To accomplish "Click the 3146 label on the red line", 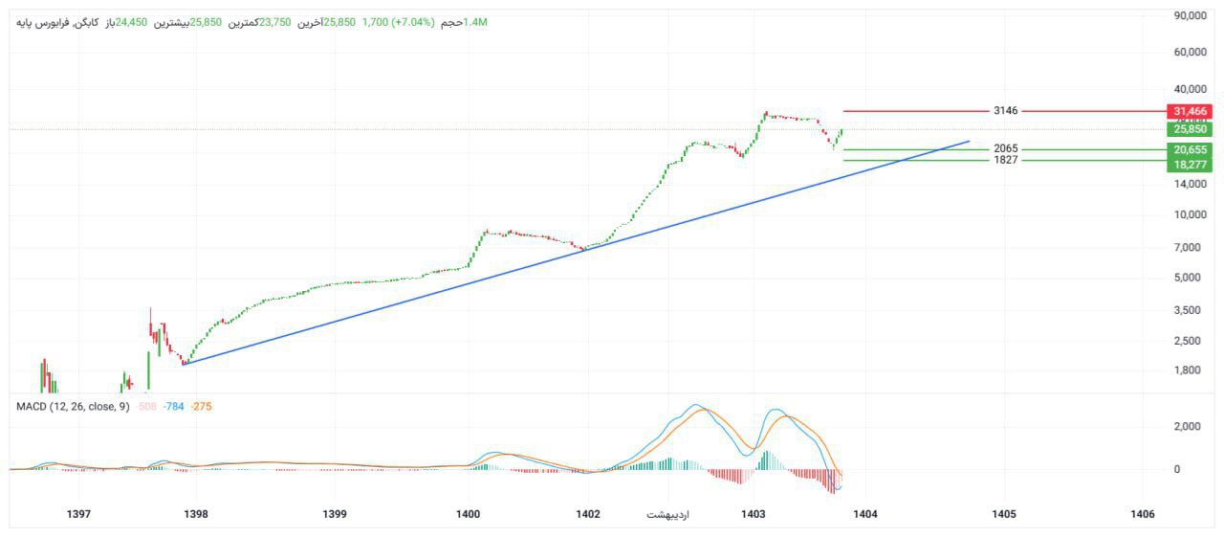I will (x=1005, y=111).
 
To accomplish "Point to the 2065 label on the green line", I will (x=1005, y=149).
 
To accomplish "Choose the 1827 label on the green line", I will (x=1005, y=160).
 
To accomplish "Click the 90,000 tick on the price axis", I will (x=1191, y=15).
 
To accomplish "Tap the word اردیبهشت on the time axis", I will (x=667, y=515).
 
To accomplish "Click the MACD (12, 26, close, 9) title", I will (x=73, y=407).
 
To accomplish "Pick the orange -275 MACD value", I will (x=201, y=407).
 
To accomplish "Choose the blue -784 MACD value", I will (x=173, y=407).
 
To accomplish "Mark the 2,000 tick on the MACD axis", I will (x=1190, y=427).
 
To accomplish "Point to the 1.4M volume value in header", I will (x=475, y=22).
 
